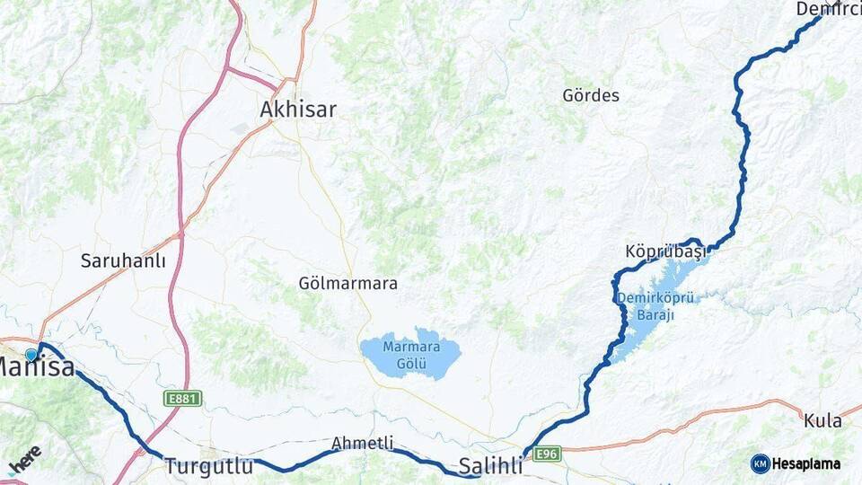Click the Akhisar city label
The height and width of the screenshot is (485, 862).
[x=298, y=110]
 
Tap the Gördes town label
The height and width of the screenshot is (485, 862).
[x=591, y=95]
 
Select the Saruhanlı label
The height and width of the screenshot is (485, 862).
[x=123, y=261]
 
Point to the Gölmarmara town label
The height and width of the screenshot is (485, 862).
[x=347, y=283]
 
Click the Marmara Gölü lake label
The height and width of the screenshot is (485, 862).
[x=411, y=356]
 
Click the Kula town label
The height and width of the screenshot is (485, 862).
[x=822, y=420]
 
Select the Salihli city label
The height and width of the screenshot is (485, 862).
[x=490, y=466]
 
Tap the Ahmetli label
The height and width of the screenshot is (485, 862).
[x=363, y=443]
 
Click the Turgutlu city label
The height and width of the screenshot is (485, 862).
[x=207, y=466]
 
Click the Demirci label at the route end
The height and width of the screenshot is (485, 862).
[x=828, y=9]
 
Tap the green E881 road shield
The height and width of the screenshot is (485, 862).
[x=183, y=398]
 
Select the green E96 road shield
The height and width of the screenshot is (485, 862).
[x=546, y=454]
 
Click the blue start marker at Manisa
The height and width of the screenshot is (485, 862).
[x=31, y=355]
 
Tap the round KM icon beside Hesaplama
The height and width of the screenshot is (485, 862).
[x=761, y=463]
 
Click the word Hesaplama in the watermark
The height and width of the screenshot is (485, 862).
[x=807, y=463]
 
